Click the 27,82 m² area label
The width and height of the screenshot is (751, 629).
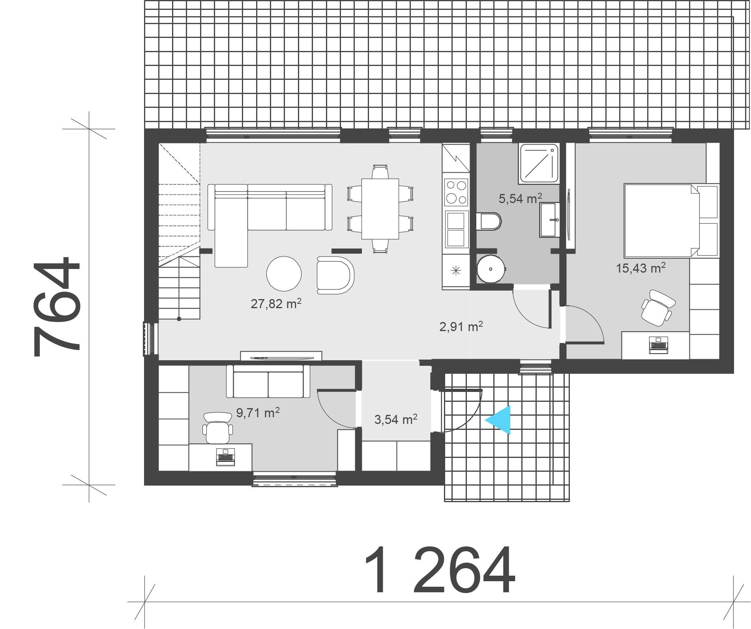[276, 303]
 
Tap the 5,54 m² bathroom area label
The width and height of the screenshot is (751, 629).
[521, 198]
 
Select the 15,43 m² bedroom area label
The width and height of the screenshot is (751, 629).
[641, 268]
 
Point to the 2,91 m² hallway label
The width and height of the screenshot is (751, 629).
[461, 326]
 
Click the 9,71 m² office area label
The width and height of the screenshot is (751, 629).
[258, 413]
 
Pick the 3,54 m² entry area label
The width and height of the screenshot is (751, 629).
[396, 419]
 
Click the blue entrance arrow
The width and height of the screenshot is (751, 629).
[498, 420]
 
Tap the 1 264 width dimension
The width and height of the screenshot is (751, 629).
[439, 570]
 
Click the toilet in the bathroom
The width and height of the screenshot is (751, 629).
[489, 221]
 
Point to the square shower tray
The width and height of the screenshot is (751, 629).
[539, 163]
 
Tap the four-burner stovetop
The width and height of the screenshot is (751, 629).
[456, 192]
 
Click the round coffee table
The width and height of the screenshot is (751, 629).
[284, 273]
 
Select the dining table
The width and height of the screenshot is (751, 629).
[380, 209]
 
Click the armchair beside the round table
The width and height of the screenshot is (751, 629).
[335, 275]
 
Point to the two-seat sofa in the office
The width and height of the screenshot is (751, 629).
[268, 381]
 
